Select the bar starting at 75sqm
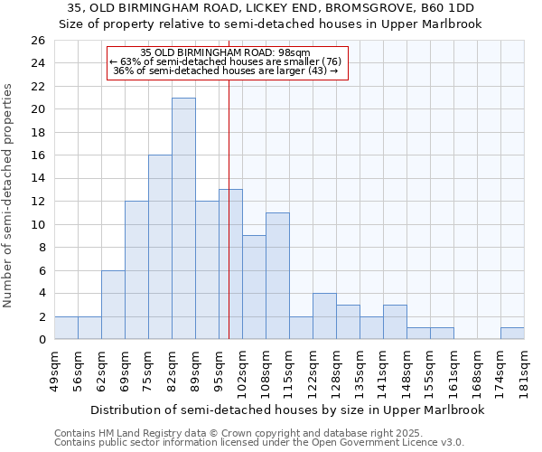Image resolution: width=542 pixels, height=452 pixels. (x=160, y=247)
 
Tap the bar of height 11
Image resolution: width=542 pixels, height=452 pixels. (x=277, y=276)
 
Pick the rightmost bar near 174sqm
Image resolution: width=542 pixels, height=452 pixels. (x=512, y=333)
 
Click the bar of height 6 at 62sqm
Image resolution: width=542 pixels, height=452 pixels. (x=113, y=305)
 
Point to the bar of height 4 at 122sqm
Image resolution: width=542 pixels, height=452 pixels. (x=324, y=316)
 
